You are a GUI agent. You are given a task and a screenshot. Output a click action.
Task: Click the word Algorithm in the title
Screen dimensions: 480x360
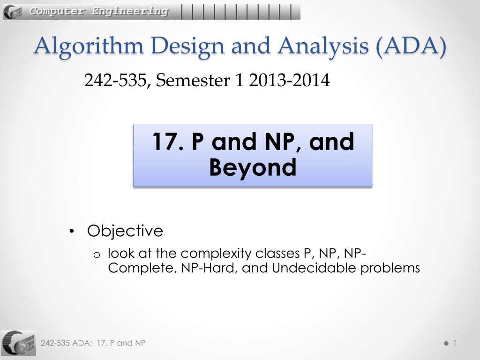89,46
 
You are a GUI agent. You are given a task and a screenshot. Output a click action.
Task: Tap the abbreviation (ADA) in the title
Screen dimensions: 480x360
411,46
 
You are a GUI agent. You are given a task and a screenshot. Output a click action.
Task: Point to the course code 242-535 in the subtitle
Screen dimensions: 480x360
115,80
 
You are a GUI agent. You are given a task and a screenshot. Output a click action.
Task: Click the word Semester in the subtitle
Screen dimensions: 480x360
193,80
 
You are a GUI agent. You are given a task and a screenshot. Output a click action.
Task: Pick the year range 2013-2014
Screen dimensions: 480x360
289,80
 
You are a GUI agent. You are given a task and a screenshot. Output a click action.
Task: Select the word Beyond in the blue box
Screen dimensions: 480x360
253,167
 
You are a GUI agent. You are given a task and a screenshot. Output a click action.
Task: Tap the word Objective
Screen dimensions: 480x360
125,231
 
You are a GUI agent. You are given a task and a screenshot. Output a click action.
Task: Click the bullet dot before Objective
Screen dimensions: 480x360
72,231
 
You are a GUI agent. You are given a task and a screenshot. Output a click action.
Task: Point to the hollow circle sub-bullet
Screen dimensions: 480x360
97,255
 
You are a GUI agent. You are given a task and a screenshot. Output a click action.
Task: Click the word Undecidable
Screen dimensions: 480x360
314,268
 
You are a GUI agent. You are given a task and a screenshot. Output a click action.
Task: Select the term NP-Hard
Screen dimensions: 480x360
208,268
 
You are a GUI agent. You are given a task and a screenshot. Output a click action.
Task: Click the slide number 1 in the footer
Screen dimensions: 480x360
455,343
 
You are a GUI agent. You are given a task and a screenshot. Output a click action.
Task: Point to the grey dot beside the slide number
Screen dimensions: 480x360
446,344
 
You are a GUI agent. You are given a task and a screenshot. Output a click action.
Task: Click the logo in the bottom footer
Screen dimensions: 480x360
18,343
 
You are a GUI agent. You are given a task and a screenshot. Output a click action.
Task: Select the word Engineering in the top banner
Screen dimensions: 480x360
130,12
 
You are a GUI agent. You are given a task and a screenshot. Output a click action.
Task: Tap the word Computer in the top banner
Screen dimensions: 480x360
57,12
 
